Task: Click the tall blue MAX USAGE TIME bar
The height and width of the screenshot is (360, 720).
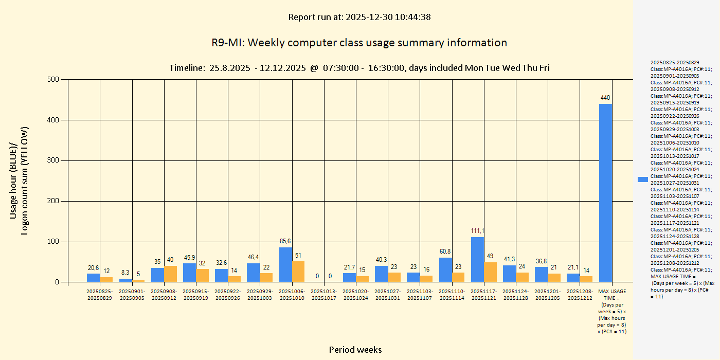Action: click(x=605, y=193)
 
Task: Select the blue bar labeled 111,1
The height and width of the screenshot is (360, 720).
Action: click(x=477, y=260)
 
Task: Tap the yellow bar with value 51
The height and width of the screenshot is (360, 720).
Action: click(x=298, y=272)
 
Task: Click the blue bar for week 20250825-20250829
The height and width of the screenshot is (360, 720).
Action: click(x=93, y=278)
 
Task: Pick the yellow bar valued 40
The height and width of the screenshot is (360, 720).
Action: click(x=170, y=274)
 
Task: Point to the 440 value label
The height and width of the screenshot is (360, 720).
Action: click(x=605, y=98)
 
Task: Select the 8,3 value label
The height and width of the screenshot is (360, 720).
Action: click(x=125, y=273)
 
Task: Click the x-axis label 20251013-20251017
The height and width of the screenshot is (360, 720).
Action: click(x=324, y=294)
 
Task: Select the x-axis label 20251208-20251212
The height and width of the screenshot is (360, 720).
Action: click(x=580, y=294)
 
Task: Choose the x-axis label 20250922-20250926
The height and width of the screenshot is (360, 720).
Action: click(x=228, y=294)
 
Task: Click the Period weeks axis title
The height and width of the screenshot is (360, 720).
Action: click(x=355, y=350)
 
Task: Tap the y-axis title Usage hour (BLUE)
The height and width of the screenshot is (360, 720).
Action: click(x=14, y=180)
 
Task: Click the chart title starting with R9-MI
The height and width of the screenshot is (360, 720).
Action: click(x=359, y=43)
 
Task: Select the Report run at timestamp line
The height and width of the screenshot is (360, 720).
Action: click(x=359, y=17)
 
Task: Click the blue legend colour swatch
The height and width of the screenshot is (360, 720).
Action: click(x=642, y=179)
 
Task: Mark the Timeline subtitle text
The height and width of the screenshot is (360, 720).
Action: click(x=359, y=68)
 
